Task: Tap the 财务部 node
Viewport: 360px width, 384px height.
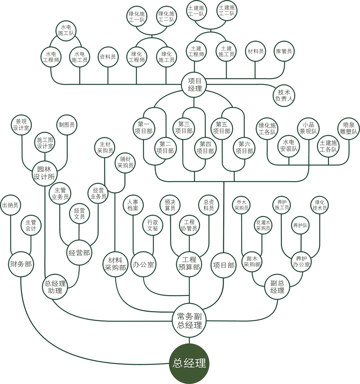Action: pos(21,264)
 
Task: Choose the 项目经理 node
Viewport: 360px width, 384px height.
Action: pos(195,85)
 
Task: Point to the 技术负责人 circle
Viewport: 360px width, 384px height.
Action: pos(284,95)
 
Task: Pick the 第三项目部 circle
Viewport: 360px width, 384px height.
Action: pos(184,127)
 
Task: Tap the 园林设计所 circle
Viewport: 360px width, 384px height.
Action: pos(44,173)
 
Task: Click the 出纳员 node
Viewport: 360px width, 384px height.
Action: pos(10,205)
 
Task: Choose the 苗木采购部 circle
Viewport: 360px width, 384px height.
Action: pos(252,261)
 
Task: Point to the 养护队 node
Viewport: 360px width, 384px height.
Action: pos(300,226)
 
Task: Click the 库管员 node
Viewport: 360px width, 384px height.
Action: pos(284,51)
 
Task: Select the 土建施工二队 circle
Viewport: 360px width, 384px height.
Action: pos(226,10)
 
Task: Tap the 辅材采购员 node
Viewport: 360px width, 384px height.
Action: pos(125,163)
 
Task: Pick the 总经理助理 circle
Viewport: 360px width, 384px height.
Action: pos(55,287)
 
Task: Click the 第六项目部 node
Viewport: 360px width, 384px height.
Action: pos(244,147)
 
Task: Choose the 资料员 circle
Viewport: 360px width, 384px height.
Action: pos(108,57)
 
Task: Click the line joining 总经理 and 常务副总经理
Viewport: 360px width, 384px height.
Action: pos(189,340)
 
